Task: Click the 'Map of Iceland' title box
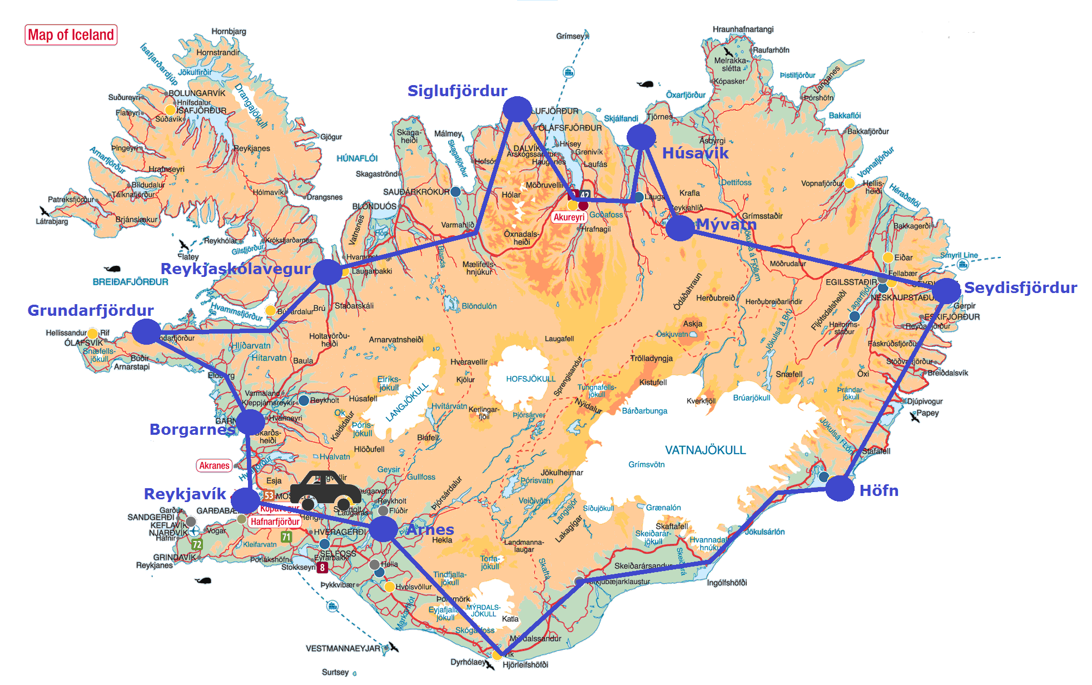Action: point(71,35)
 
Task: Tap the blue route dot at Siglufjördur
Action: point(517,109)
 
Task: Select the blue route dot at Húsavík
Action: point(641,136)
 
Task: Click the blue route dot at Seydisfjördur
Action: point(946,291)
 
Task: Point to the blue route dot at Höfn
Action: point(840,489)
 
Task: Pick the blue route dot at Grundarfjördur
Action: point(146,331)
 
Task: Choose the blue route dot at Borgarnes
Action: point(251,423)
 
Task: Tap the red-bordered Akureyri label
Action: point(569,217)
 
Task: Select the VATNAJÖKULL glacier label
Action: point(705,450)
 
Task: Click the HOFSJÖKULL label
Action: point(530,379)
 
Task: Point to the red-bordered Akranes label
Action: point(214,465)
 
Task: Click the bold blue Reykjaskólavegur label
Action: point(235,269)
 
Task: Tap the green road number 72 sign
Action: point(197,544)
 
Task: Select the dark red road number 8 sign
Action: point(322,568)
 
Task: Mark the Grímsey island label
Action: point(570,36)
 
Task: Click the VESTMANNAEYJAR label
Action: point(343,648)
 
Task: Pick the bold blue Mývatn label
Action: point(726,224)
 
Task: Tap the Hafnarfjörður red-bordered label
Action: point(275,522)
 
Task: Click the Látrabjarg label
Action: point(52,221)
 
